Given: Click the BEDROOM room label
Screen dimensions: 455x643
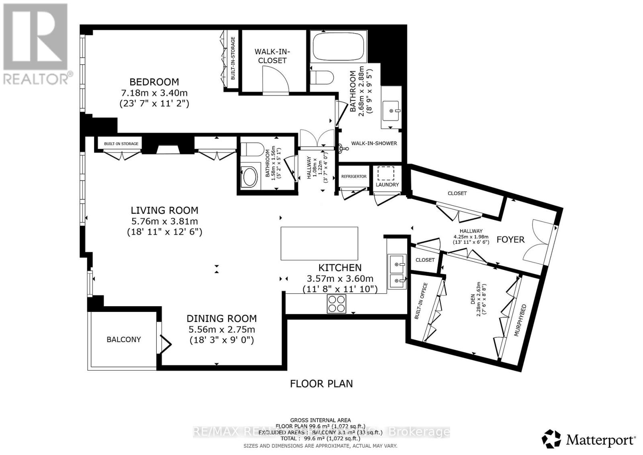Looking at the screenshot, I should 154,82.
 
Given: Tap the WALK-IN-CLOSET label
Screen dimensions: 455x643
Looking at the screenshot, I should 272,56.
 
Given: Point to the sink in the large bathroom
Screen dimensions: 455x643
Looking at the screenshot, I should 391,109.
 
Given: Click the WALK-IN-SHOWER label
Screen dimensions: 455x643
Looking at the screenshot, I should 374,143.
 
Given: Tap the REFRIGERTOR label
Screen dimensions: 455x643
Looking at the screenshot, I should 354,176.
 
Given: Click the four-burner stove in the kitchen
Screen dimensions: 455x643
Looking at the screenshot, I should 337,303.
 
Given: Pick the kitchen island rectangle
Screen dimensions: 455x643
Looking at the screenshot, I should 319,244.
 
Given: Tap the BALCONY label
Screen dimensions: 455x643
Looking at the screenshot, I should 123,340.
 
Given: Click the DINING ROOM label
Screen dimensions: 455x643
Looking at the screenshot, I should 221,319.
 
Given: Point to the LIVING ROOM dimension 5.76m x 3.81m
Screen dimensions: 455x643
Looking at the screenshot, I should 164,221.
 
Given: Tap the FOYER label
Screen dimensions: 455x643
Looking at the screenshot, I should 510,240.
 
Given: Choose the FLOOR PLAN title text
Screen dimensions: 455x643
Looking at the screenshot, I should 321,383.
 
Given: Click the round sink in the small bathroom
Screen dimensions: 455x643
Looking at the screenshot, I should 250,177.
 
